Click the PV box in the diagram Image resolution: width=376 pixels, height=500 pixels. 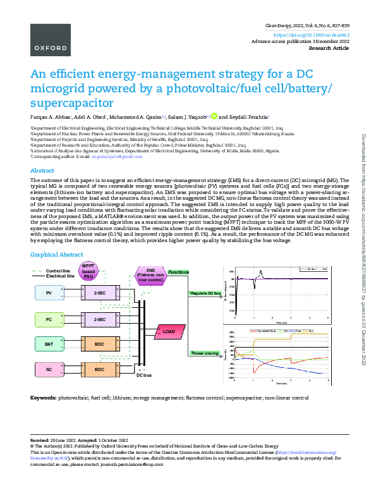(x=49, y=293)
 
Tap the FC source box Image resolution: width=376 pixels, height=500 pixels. (x=49, y=319)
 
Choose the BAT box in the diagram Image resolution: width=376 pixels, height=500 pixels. (x=49, y=344)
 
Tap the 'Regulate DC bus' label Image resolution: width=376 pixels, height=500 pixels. (x=205, y=294)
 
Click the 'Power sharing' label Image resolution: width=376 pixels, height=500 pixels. (x=205, y=353)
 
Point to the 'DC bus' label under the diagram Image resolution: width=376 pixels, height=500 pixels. (x=144, y=375)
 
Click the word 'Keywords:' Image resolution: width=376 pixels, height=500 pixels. (x=43, y=398)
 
